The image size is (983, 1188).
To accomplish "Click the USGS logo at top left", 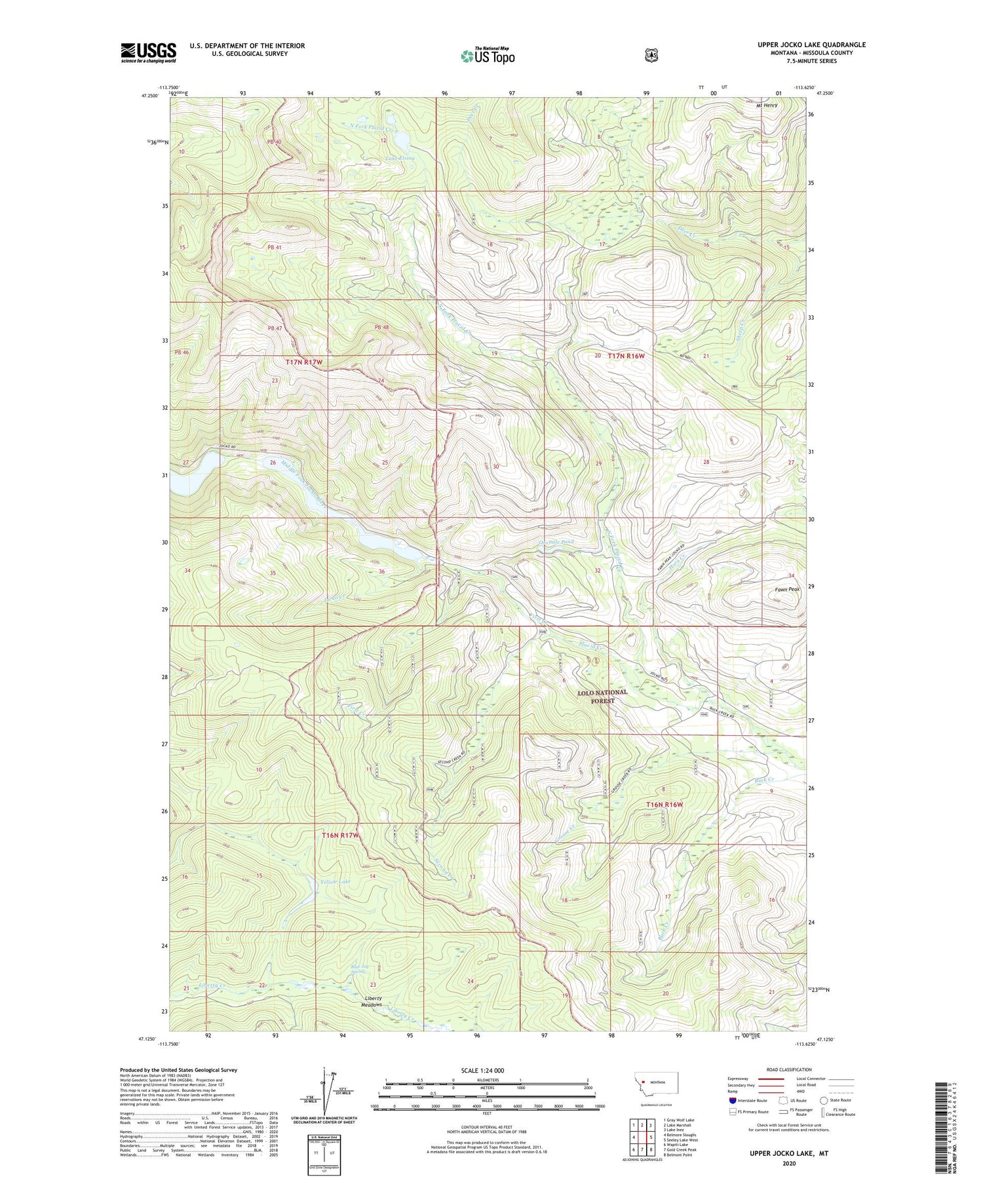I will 148,52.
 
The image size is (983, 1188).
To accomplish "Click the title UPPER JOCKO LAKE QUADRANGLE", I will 811,45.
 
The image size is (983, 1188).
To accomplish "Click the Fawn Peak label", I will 787,589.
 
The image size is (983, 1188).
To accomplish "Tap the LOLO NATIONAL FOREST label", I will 602,696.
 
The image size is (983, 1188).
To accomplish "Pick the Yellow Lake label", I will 336,881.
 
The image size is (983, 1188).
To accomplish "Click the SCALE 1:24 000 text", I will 486,1070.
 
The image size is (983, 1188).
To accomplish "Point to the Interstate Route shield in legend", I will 732,1101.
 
